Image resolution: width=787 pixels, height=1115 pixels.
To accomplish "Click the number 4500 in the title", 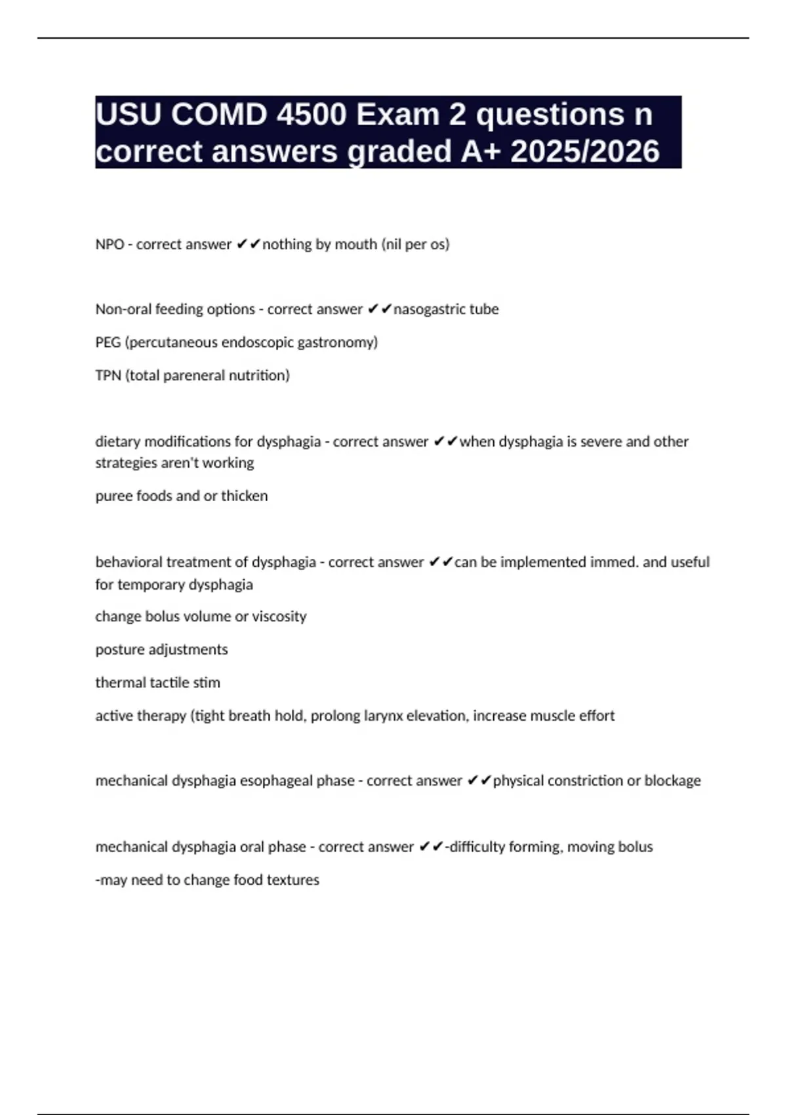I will (x=311, y=115).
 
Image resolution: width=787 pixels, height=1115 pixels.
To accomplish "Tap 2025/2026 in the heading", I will (x=584, y=152).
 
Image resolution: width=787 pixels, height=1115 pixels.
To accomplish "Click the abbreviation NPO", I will (x=110, y=245).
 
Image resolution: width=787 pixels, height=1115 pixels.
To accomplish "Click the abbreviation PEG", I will (x=108, y=342).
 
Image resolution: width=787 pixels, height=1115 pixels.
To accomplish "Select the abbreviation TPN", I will (x=108, y=376).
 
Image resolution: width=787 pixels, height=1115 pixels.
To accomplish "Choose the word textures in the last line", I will (x=293, y=880).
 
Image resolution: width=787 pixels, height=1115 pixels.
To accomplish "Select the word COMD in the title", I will (x=219, y=115).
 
